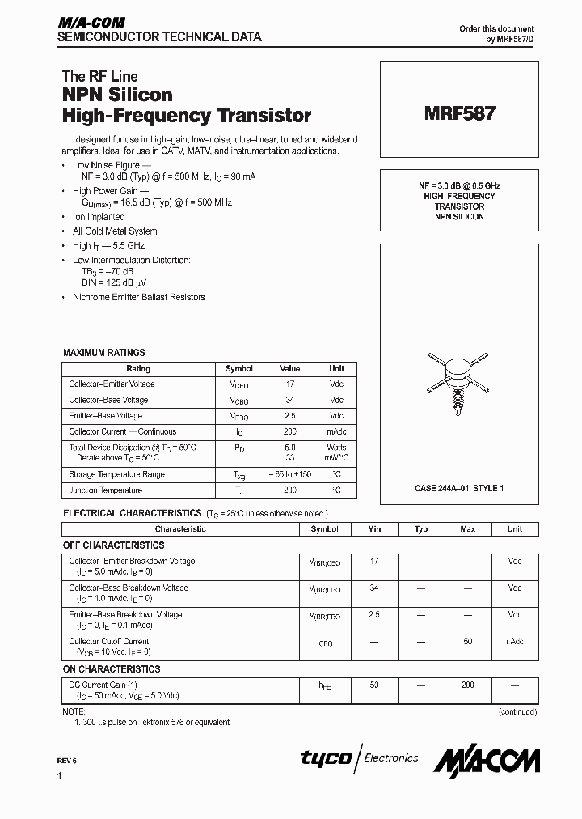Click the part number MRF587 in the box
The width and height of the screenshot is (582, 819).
pyautogui.click(x=459, y=114)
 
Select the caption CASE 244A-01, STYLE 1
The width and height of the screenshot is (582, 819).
pyautogui.click(x=459, y=488)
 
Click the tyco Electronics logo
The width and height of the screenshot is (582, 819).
pyautogui.click(x=360, y=758)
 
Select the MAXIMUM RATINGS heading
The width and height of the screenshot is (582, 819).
pyautogui.click(x=104, y=353)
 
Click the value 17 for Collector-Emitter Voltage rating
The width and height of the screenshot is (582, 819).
pyautogui.click(x=289, y=384)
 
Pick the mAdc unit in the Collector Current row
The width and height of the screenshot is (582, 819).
pyautogui.click(x=336, y=432)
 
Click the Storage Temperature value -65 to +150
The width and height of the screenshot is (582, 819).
pyautogui.click(x=289, y=474)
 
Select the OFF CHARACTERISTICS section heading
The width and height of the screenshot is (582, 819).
pyautogui.click(x=114, y=545)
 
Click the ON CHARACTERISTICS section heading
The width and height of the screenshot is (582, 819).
pyautogui.click(x=112, y=669)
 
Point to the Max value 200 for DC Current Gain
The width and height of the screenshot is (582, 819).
pyautogui.click(x=467, y=685)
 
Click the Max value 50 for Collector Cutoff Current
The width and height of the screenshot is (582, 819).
pyautogui.click(x=467, y=641)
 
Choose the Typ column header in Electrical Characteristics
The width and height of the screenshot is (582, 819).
pyautogui.click(x=420, y=529)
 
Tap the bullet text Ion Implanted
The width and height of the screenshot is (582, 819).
pyautogui.click(x=99, y=217)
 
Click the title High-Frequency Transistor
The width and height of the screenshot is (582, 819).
pyautogui.click(x=187, y=116)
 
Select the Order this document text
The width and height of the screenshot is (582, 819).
pyautogui.click(x=497, y=28)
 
